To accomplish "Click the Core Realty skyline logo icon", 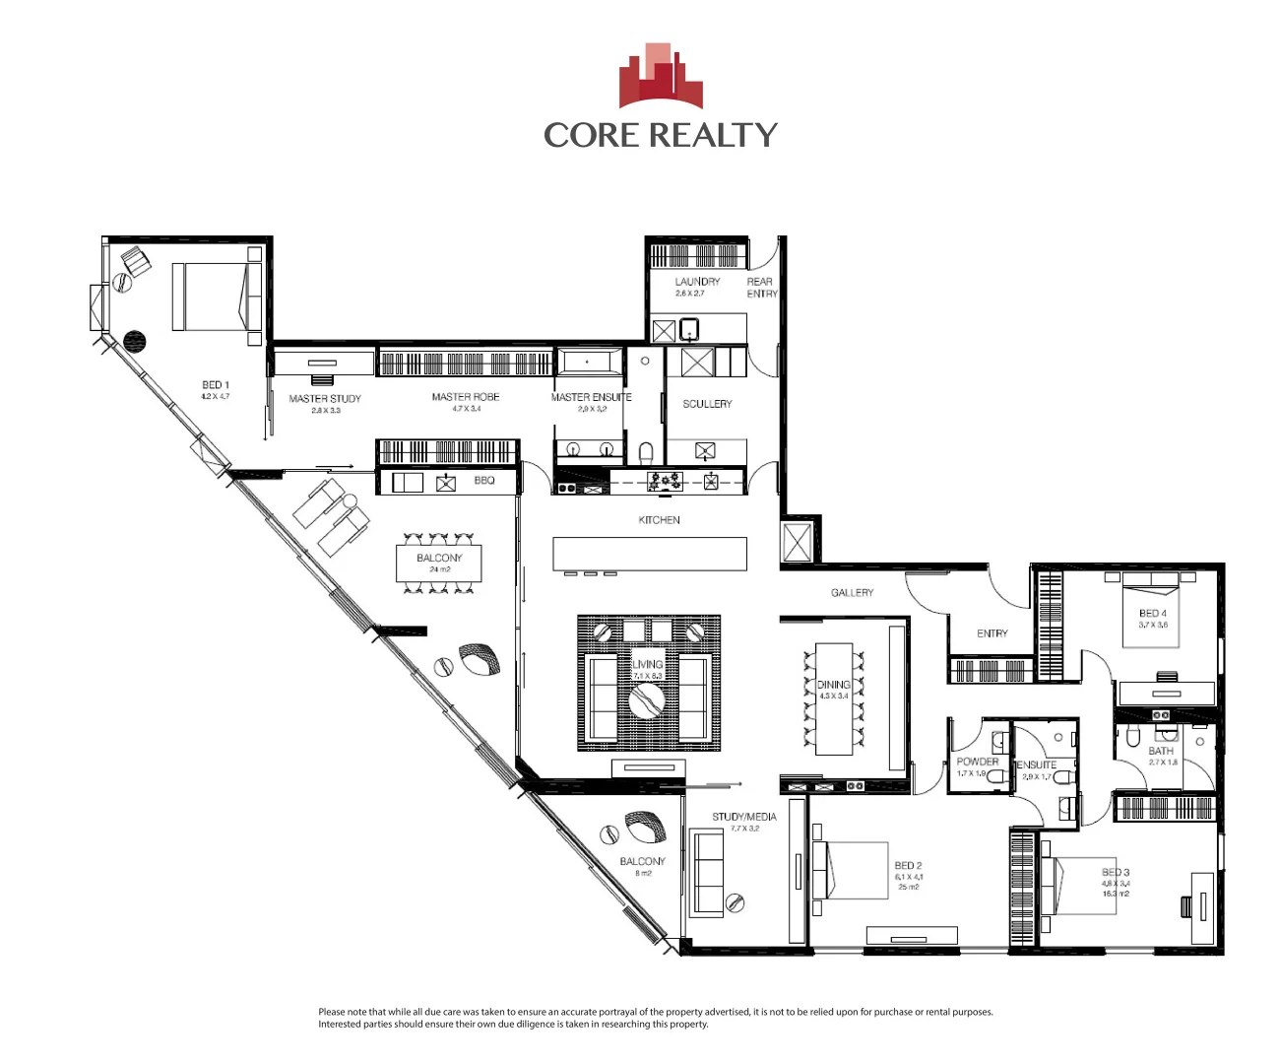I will pos(661,76).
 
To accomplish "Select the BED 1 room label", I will pos(216,385).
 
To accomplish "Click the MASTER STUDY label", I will pos(325,399).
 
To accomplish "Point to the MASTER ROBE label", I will pos(466,397).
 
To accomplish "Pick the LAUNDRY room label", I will pos(697,282).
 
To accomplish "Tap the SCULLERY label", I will pos(707,404).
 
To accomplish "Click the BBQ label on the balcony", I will pos(484,481).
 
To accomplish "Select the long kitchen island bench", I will pos(650,553).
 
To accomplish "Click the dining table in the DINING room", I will pos(833,699).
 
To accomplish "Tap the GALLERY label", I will pos(852,593).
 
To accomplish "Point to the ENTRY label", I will pos(992,633).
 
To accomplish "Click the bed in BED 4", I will pos(1151,615).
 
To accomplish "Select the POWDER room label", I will pos(977,762).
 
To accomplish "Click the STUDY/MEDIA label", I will pos(744,817).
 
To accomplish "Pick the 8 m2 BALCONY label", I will pos(642,862).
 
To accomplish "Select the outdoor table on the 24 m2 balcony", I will pos(439,563).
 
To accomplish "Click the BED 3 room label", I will pos(1116,872).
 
